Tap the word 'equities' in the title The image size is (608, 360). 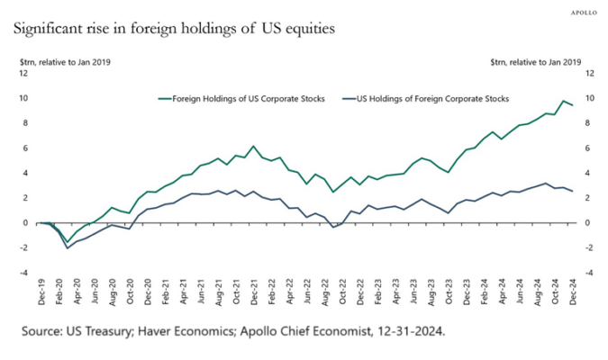306,30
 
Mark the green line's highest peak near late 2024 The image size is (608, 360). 564,101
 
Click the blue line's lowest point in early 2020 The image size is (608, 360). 68,247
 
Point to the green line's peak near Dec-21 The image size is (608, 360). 254,146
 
